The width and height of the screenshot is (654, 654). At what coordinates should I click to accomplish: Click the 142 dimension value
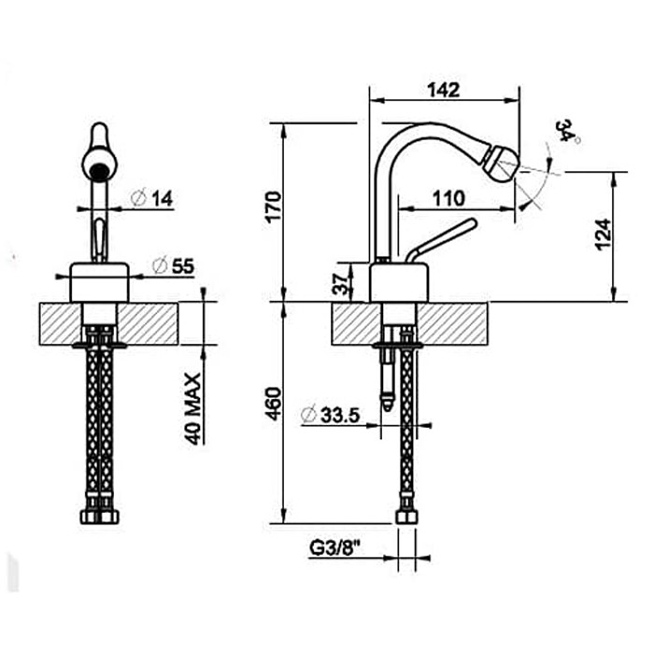point(445,90)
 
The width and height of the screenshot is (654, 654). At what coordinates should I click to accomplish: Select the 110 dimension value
point(450,198)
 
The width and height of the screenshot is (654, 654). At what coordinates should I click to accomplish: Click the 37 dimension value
point(343,281)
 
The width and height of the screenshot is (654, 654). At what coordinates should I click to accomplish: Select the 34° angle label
point(568,131)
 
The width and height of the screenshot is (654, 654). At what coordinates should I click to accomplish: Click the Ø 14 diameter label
point(154,198)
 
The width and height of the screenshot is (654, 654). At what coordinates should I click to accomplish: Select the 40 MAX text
point(194,408)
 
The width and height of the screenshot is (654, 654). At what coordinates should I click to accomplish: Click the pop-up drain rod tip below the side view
point(384,403)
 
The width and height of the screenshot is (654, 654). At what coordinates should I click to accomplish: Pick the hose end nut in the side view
point(405,515)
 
